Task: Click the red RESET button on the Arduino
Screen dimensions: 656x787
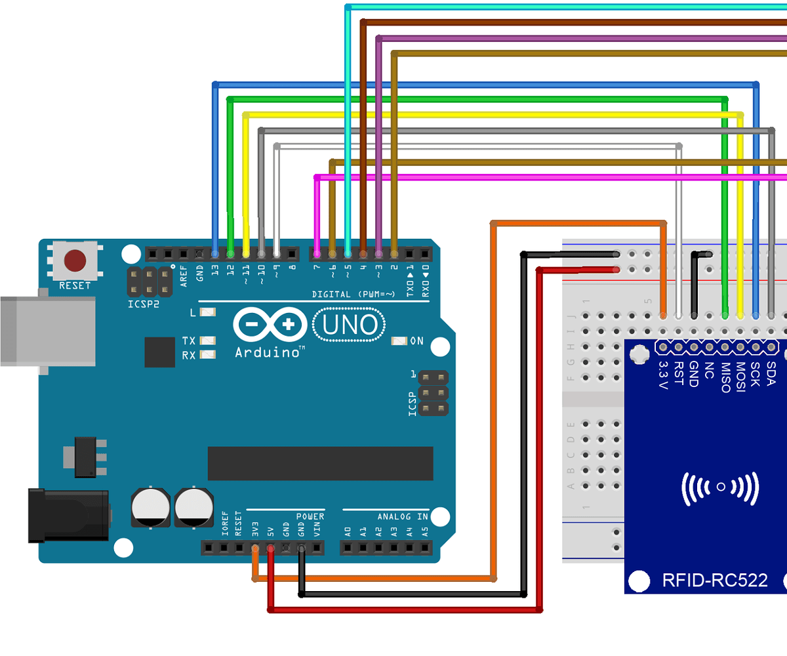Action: tap(75, 260)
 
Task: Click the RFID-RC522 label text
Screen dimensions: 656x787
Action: tap(715, 581)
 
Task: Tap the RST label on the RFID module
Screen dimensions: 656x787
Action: tap(679, 371)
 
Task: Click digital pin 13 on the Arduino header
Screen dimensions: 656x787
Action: tap(215, 253)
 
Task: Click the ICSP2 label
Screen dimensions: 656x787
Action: tap(142, 304)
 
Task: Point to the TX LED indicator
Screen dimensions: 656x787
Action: tap(209, 340)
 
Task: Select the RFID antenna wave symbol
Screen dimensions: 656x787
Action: tap(720, 487)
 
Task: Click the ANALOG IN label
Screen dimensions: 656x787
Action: tap(403, 516)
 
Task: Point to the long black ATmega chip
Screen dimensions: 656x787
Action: tap(320, 463)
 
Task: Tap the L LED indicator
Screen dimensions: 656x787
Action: tap(208, 313)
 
